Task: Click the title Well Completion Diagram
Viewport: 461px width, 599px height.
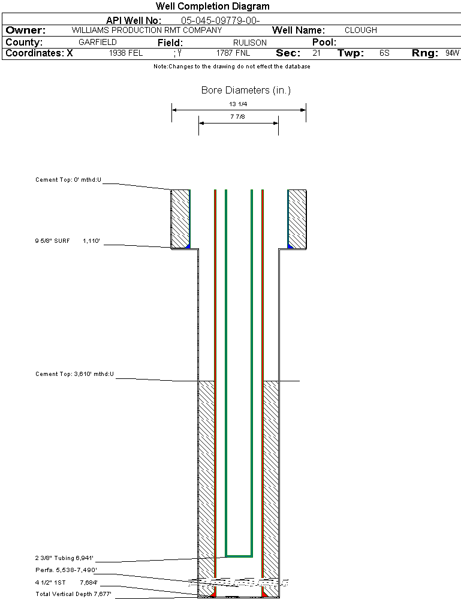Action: [212, 7]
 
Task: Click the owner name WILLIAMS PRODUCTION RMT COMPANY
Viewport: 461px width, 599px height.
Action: [146, 30]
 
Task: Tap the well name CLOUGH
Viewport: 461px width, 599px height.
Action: [361, 30]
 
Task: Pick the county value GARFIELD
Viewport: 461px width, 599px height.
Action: [98, 43]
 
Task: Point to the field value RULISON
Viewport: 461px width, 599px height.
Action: [233, 43]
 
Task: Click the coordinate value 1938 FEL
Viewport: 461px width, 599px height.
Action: [126, 53]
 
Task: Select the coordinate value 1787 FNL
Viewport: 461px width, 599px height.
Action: [233, 53]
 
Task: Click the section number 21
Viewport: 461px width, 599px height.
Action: [316, 53]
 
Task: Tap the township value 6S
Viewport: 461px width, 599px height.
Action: [384, 53]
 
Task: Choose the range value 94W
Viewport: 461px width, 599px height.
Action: [452, 53]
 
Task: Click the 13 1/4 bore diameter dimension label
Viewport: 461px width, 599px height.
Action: [238, 104]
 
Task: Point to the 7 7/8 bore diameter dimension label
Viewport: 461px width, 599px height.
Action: [238, 117]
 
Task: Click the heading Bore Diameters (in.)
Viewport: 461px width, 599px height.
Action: [246, 91]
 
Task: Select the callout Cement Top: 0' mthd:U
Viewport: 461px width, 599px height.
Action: [68, 179]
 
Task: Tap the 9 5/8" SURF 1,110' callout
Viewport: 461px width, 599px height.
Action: [67, 241]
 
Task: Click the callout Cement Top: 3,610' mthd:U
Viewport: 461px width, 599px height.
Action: [74, 374]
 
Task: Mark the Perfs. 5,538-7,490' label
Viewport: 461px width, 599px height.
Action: [66, 570]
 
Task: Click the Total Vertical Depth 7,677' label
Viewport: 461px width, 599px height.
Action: [73, 594]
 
